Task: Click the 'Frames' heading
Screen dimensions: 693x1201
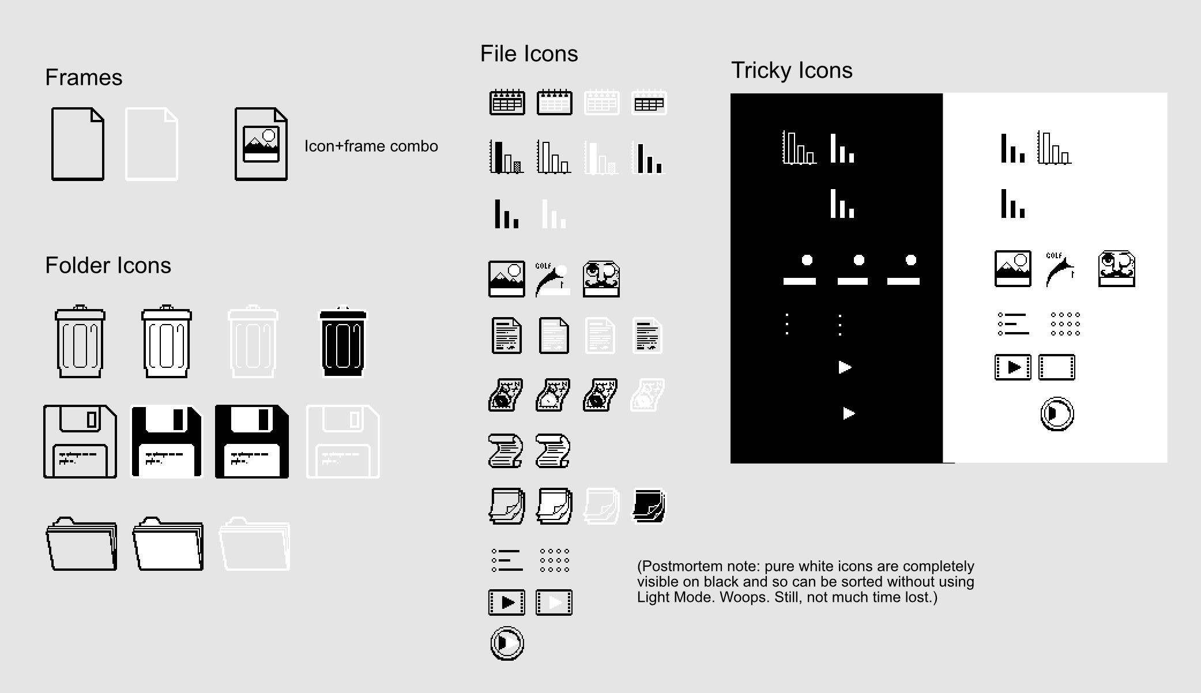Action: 84,77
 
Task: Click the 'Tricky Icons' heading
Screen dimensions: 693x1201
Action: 791,70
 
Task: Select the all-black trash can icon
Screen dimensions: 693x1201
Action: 342,341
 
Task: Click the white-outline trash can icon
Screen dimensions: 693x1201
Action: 253,341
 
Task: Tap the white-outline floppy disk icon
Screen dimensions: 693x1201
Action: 342,442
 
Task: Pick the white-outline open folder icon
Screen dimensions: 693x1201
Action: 254,544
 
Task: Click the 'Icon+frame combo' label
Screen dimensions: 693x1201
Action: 371,146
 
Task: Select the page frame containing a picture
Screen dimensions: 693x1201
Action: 261,144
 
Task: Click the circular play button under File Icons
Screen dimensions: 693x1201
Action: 507,643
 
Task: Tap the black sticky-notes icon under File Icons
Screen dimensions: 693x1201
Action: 649,506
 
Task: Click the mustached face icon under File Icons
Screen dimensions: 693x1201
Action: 601,279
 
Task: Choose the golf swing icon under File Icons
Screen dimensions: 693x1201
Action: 552,279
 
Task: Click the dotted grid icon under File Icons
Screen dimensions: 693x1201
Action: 554,560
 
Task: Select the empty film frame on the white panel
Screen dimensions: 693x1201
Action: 1056,367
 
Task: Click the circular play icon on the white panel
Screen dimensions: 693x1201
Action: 1056,413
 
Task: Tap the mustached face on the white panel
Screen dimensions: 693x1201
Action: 1116,269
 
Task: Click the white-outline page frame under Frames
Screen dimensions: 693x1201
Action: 151,144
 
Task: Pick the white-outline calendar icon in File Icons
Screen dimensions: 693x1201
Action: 601,103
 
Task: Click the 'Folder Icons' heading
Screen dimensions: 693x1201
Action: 108,265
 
